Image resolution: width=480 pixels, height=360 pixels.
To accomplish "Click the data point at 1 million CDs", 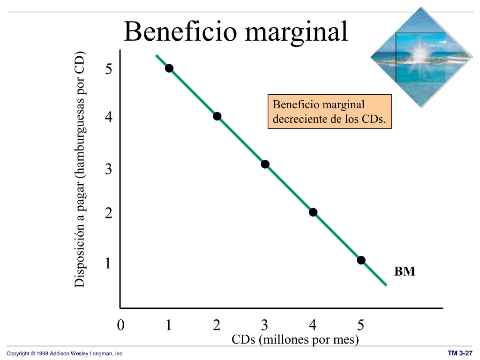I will click(x=169, y=68).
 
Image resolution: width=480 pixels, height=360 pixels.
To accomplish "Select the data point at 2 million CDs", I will click(x=217, y=116).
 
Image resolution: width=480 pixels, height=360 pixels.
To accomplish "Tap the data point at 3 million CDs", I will click(x=265, y=164).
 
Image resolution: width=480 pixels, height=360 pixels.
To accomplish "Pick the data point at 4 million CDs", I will click(x=313, y=212).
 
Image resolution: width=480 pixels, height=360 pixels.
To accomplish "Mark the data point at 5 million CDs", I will click(x=361, y=260).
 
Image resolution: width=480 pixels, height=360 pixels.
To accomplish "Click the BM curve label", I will click(x=405, y=272).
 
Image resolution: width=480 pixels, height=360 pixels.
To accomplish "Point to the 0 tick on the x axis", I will click(x=121, y=325).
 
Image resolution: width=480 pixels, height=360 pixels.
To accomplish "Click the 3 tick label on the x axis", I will click(x=265, y=325).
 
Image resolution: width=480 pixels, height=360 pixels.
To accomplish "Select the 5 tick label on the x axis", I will click(x=360, y=325).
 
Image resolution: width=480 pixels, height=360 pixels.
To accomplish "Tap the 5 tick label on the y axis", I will click(x=109, y=69).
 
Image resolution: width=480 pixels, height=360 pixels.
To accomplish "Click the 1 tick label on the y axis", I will click(x=108, y=263).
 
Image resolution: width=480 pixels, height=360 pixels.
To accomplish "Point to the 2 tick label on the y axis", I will click(x=109, y=214).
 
